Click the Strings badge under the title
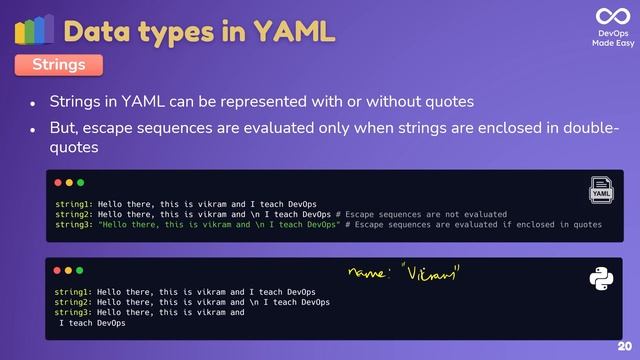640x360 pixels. [58, 65]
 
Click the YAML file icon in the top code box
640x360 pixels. [601, 190]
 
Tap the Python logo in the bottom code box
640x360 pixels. [601, 279]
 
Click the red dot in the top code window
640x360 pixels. [56, 183]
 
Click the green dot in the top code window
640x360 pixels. [80, 183]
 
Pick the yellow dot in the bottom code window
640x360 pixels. [68, 270]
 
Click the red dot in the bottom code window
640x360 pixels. [56, 270]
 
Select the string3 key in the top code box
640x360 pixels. [74, 225]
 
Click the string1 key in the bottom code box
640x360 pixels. [74, 291]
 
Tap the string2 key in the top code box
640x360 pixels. [74, 214]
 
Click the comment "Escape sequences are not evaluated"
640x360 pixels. [425, 214]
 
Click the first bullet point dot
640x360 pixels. [32, 104]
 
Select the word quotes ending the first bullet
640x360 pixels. [449, 102]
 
